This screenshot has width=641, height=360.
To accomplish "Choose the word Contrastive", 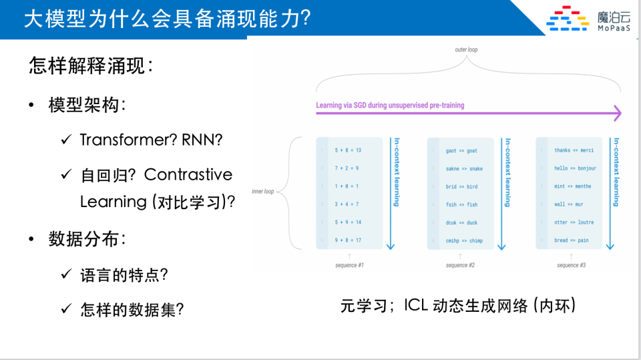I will click(188, 175).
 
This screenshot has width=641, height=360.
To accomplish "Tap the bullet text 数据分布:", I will click(87, 239).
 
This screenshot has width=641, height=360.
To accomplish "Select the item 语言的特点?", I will click(124, 275).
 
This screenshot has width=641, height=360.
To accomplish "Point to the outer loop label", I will click(466, 50).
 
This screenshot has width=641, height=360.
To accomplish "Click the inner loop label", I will click(262, 192).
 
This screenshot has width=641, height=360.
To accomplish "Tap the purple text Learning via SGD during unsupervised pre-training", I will click(390, 106).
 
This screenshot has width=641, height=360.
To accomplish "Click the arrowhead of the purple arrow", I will click(617, 113).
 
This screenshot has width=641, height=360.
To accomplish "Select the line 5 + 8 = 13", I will click(347, 150).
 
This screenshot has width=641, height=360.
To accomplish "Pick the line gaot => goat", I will click(461, 151).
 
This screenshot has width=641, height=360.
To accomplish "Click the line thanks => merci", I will click(574, 150).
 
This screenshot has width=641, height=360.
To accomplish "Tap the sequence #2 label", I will click(460, 265).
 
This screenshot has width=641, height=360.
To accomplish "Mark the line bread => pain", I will click(571, 240).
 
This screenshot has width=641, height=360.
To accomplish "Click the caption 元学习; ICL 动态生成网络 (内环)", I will click(457, 306).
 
